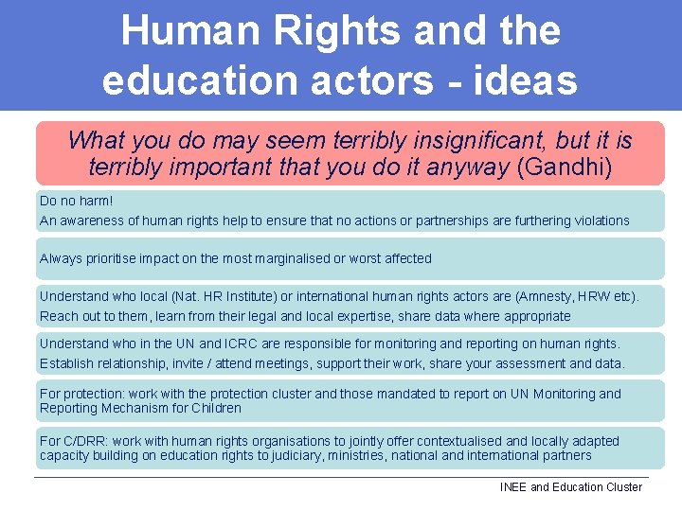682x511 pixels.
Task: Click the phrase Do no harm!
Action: pyautogui.click(x=77, y=201)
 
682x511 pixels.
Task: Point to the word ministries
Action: pyautogui.click(x=355, y=455)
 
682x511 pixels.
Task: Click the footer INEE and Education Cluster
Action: pyautogui.click(x=571, y=487)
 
